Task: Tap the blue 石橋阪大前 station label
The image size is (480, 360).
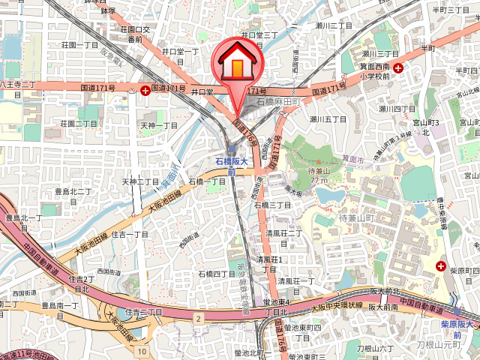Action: pyautogui.click(x=231, y=166)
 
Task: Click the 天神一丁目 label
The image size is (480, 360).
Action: pyautogui.click(x=160, y=125)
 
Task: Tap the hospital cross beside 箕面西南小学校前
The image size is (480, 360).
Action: pyautogui.click(x=397, y=67)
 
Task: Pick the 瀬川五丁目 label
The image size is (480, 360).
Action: pyautogui.click(x=328, y=118)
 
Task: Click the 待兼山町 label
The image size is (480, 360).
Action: pyautogui.click(x=355, y=218)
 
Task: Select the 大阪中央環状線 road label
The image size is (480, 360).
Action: pyautogui.click(x=336, y=306)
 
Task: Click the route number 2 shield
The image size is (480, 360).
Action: pyautogui.click(x=199, y=319)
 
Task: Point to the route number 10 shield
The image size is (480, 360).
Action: pyautogui.click(x=142, y=350)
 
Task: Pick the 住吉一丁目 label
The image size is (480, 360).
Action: pyautogui.click(x=130, y=235)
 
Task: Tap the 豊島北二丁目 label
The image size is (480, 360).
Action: pyautogui.click(x=73, y=192)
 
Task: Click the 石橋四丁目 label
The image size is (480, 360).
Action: pyautogui.click(x=217, y=274)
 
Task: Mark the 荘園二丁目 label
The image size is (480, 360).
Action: pyautogui.click(x=79, y=123)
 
